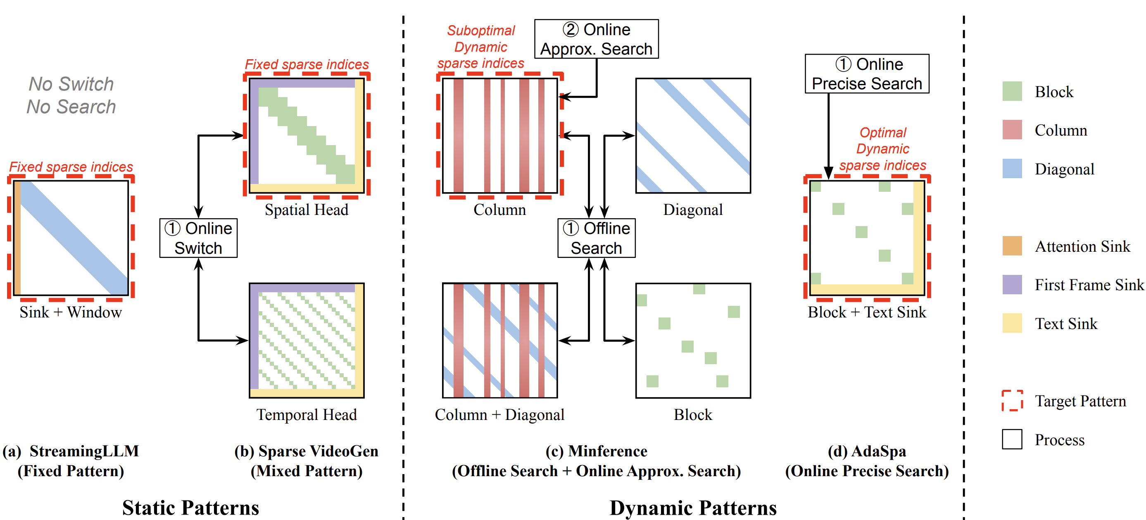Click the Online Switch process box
(198, 238)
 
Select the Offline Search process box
(596, 238)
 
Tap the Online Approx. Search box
(596, 39)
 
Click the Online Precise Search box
(867, 74)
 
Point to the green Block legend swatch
(1012, 91)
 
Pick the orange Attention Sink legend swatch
(1012, 246)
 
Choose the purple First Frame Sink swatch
(1012, 284)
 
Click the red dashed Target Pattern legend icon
(1012, 400)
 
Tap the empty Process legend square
(1012, 439)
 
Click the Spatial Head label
(307, 210)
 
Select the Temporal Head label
(307, 415)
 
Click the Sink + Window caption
(71, 312)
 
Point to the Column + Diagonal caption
(499, 415)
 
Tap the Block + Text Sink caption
(867, 312)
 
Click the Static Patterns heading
(190, 508)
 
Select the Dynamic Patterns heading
(693, 508)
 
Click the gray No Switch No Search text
(71, 95)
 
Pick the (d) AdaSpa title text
(867, 451)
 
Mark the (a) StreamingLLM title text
(71, 451)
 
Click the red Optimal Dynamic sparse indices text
(882, 149)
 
